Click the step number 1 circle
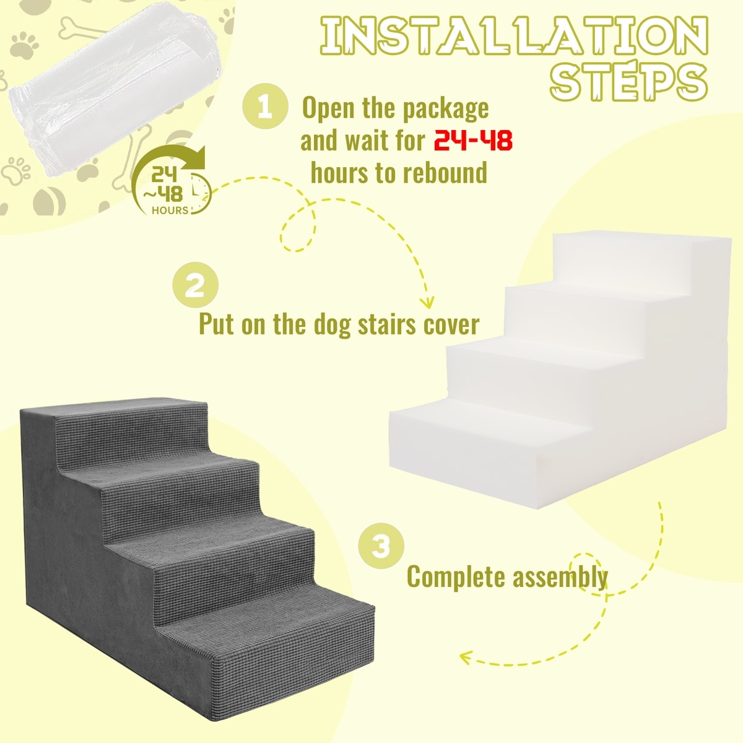point(265,106)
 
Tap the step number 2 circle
point(195,285)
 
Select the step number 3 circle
point(381,546)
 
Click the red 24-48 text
point(473,140)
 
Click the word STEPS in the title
point(629,81)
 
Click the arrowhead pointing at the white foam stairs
point(427,302)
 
